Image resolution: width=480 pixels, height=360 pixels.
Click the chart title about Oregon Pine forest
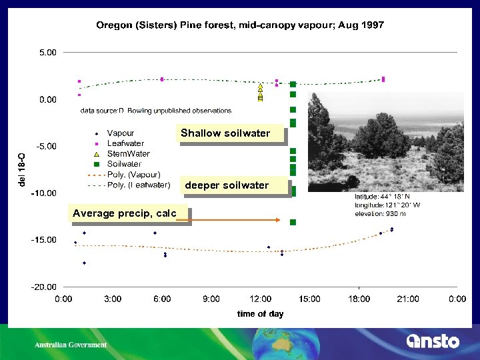tap(240, 25)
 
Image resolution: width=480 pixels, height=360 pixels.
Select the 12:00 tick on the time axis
tap(260, 299)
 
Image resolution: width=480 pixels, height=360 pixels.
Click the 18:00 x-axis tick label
tap(359, 299)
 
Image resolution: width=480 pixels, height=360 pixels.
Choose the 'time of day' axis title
tap(260, 313)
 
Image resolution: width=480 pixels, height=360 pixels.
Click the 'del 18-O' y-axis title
tap(22, 169)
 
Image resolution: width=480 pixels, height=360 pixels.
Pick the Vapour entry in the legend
tap(120, 133)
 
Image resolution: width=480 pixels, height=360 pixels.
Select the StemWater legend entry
tap(128, 153)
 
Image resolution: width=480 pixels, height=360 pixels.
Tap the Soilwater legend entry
tap(124, 163)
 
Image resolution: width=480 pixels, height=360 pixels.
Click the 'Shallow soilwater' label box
tap(225, 133)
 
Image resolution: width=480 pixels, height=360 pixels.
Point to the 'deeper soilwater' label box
tap(227, 185)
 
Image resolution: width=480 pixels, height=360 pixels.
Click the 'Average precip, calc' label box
tap(125, 213)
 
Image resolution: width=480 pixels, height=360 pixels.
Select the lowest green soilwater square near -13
tap(293, 222)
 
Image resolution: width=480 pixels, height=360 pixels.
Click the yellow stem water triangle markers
tap(260, 93)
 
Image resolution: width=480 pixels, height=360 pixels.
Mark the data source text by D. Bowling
tap(156, 111)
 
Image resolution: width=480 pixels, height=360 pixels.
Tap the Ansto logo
tap(433, 341)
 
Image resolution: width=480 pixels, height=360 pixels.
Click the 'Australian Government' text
tap(71, 345)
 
